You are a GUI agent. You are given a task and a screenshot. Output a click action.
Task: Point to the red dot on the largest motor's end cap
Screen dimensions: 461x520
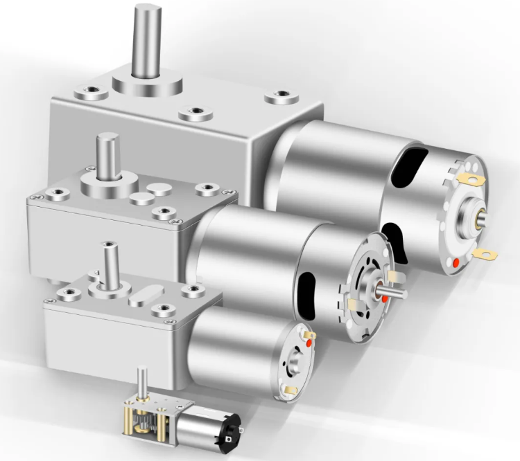point(455,263)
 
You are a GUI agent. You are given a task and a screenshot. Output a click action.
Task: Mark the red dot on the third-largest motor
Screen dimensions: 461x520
point(309,341)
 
